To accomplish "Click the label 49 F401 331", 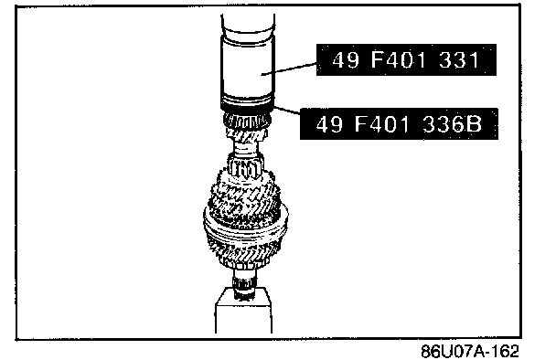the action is pos(406,59).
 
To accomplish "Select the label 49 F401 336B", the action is pos(399,124).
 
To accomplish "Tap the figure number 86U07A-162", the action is pos(470,351).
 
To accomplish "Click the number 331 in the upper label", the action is pos(459,59).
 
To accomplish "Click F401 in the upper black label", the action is pos(399,59).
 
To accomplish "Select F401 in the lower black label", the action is pos(382,124).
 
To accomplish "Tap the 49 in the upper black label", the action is pos(346,59).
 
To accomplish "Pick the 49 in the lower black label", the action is pos(329,124).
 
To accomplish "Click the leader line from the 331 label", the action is pos(289,69).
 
